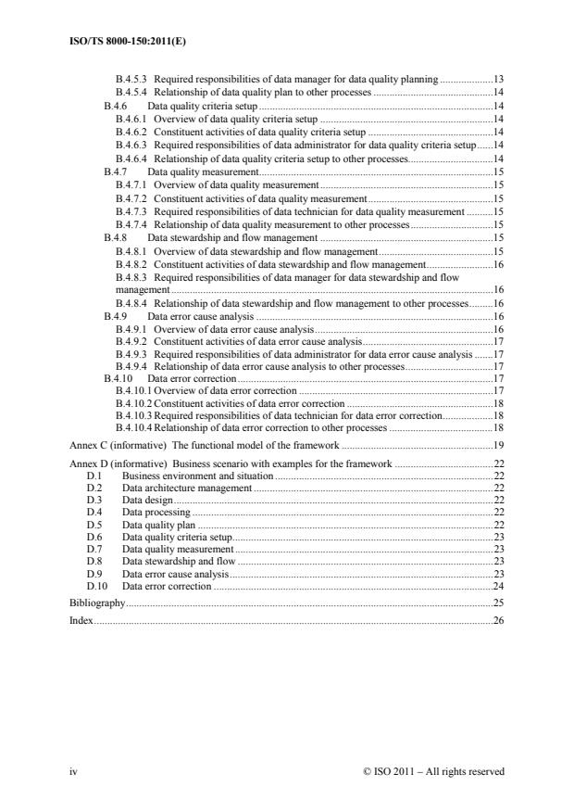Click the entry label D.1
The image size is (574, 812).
click(x=93, y=475)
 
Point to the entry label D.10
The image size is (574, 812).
click(x=95, y=586)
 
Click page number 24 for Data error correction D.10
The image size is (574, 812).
click(x=498, y=586)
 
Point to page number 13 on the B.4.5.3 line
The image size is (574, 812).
click(x=498, y=80)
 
